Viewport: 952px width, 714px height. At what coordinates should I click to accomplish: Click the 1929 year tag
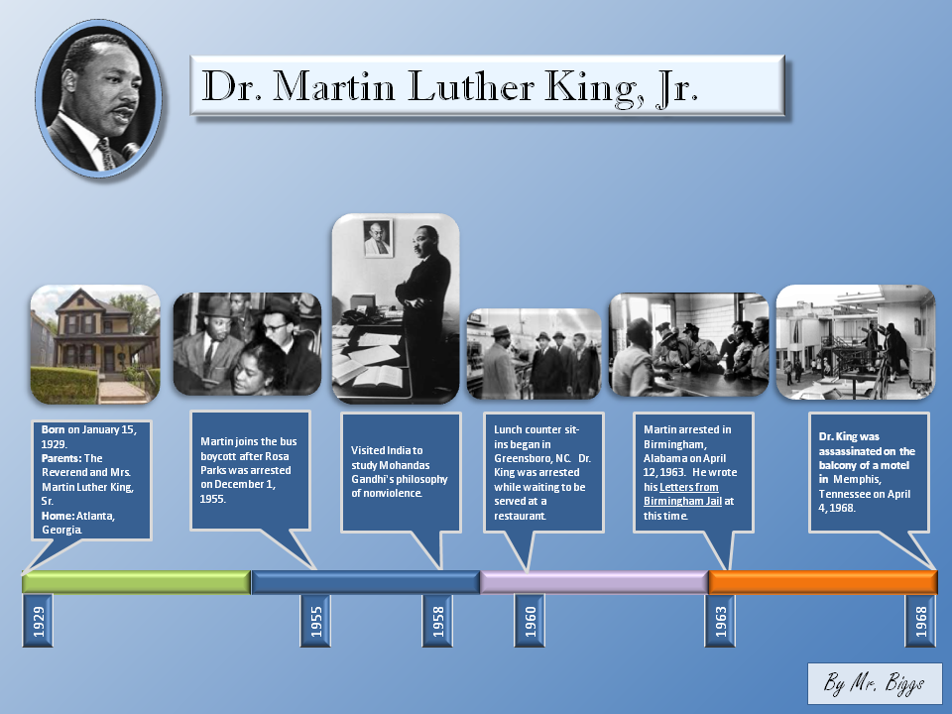pos(38,621)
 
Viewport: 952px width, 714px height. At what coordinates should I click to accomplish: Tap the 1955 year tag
pos(315,621)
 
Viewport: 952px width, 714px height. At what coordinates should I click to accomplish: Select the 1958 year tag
pos(437,621)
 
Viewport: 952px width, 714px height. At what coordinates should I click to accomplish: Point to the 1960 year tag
pos(530,621)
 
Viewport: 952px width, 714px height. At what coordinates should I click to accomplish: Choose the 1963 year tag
pos(720,621)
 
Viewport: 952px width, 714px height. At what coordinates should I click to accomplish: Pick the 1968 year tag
pos(920,621)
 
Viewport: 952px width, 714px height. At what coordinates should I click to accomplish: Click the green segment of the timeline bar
pos(137,582)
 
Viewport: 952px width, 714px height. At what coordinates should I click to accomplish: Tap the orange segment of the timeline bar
pos(823,582)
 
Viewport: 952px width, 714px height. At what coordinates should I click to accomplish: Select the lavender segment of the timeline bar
pos(594,582)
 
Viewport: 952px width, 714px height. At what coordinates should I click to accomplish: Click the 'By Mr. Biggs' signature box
pos(875,683)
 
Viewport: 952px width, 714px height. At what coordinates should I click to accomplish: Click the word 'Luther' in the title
pos(471,85)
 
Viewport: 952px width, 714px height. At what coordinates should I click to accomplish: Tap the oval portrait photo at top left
pos(99,98)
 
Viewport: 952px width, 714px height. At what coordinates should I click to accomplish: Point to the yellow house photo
pos(95,344)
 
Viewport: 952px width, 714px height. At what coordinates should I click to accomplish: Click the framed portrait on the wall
pos(378,238)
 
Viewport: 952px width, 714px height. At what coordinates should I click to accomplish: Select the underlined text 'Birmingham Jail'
pos(682,502)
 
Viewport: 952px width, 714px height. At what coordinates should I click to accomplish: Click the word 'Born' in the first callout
pos(53,429)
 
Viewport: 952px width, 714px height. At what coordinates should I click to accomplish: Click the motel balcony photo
pos(856,342)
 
